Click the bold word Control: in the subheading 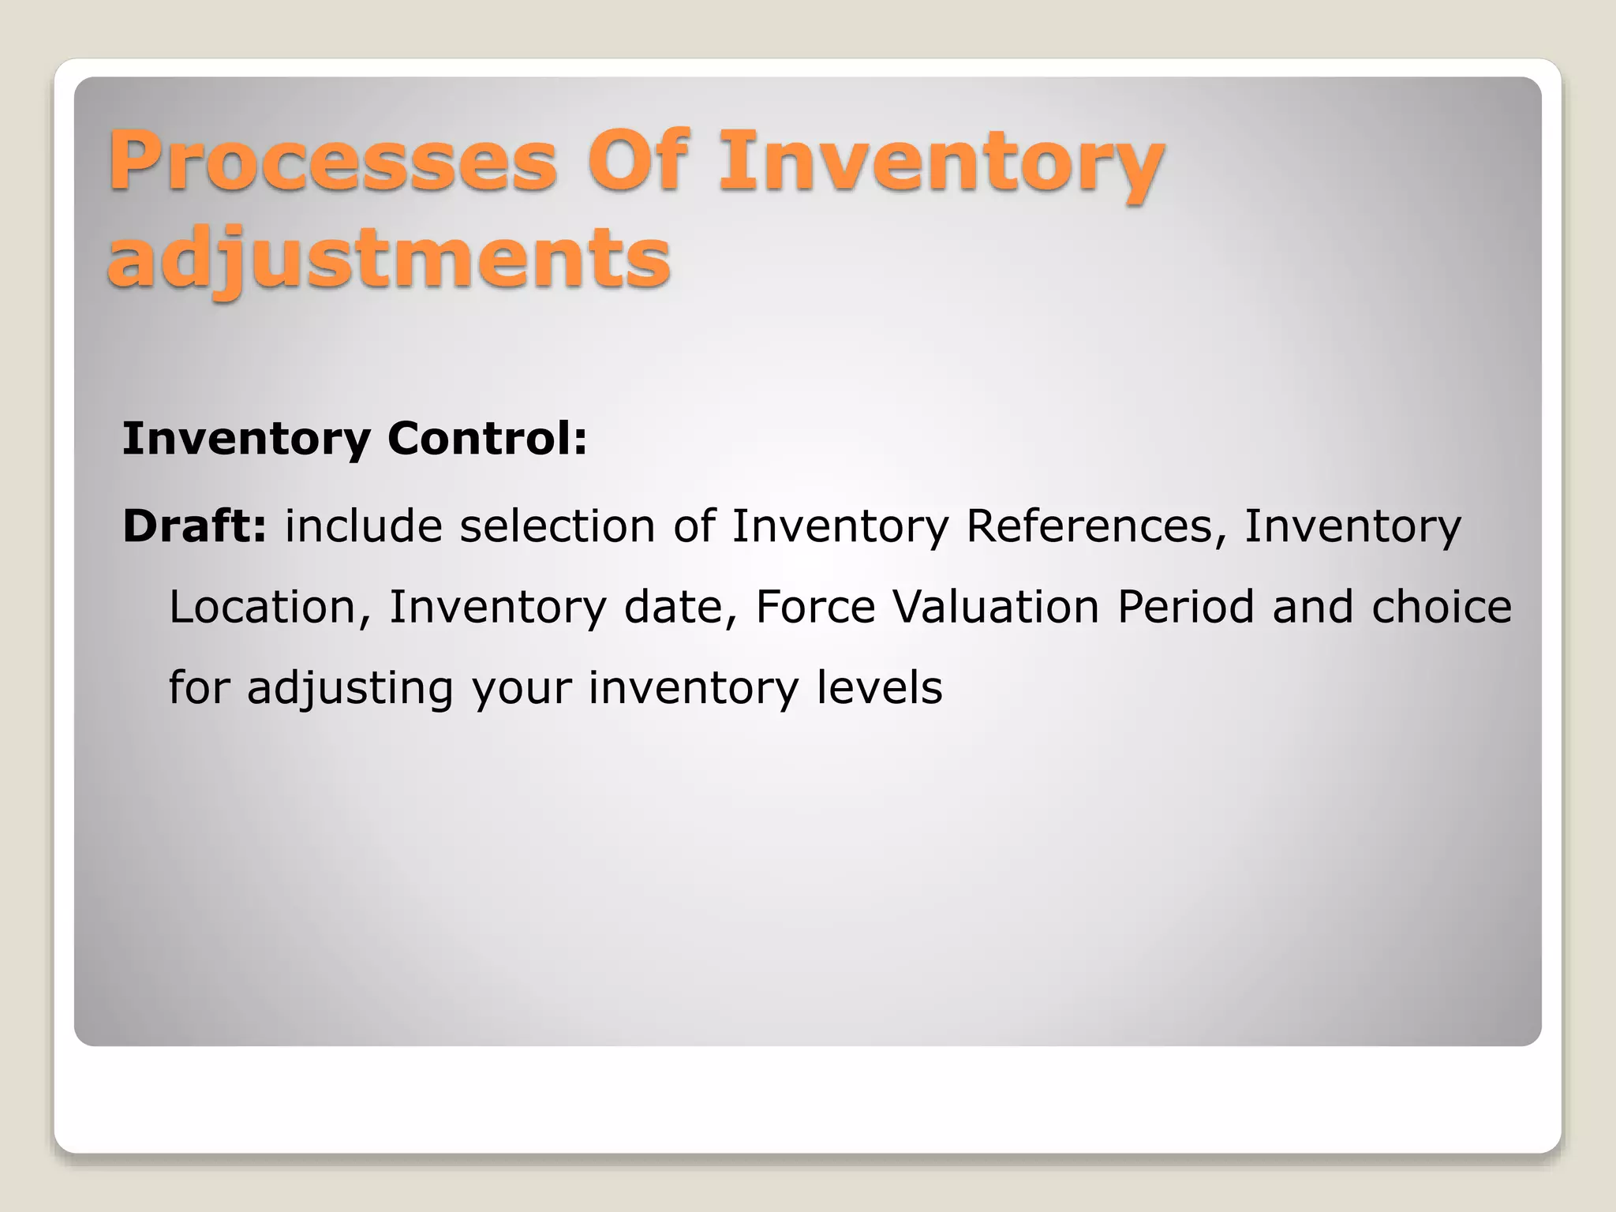487,439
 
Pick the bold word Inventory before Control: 246,439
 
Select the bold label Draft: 195,526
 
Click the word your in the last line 521,688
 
